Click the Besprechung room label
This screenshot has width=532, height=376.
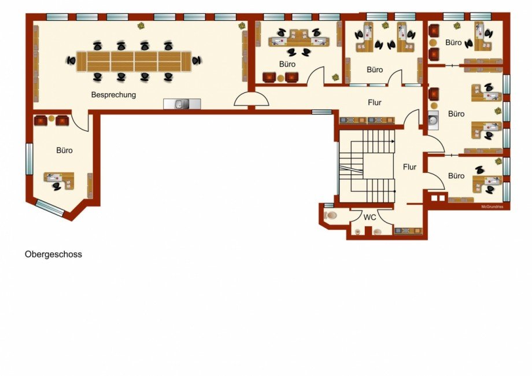coord(113,95)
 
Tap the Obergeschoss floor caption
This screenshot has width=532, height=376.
coord(53,254)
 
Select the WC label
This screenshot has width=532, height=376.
coord(370,217)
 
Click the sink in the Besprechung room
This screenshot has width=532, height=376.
coord(182,104)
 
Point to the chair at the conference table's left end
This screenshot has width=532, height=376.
coord(71,61)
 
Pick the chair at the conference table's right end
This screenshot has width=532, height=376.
coord(197,60)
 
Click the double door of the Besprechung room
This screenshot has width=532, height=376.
coord(252,99)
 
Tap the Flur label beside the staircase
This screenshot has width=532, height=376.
coord(409,167)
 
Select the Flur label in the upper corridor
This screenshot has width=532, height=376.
coord(375,102)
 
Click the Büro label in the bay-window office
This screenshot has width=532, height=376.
coord(64,150)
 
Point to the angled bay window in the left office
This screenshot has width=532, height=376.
coord(50,208)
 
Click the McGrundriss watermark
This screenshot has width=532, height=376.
coord(492,207)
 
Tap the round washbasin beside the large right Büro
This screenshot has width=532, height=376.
coord(433,120)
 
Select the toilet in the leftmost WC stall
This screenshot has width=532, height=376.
coord(330,215)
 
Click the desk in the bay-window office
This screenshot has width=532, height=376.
coord(59,180)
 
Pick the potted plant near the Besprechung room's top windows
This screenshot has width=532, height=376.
coord(141,25)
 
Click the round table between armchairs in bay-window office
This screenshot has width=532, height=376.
coord(51,119)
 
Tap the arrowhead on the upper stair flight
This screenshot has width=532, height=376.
coord(393,141)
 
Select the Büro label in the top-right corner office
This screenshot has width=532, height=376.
coord(453,43)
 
